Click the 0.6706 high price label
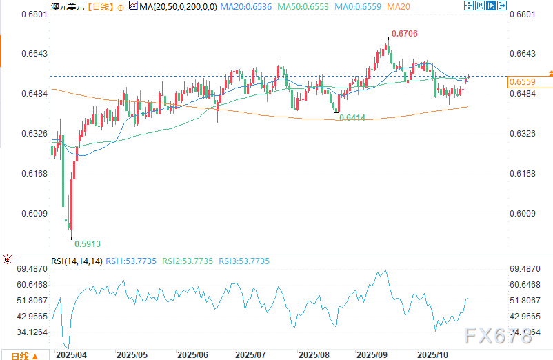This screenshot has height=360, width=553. tap(404, 33)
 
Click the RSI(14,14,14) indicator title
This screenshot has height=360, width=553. tap(77, 261)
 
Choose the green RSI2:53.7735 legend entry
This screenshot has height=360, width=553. tap(188, 261)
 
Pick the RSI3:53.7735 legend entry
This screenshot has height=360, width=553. tap(245, 261)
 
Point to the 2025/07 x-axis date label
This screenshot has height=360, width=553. tap(251, 354)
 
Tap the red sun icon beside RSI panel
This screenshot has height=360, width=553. tap(8, 261)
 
